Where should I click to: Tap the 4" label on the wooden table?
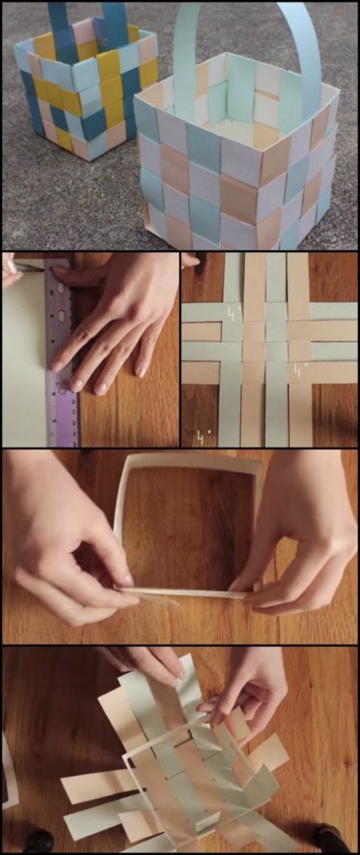coord(203,436)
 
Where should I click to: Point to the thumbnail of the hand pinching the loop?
coord(125,578)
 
